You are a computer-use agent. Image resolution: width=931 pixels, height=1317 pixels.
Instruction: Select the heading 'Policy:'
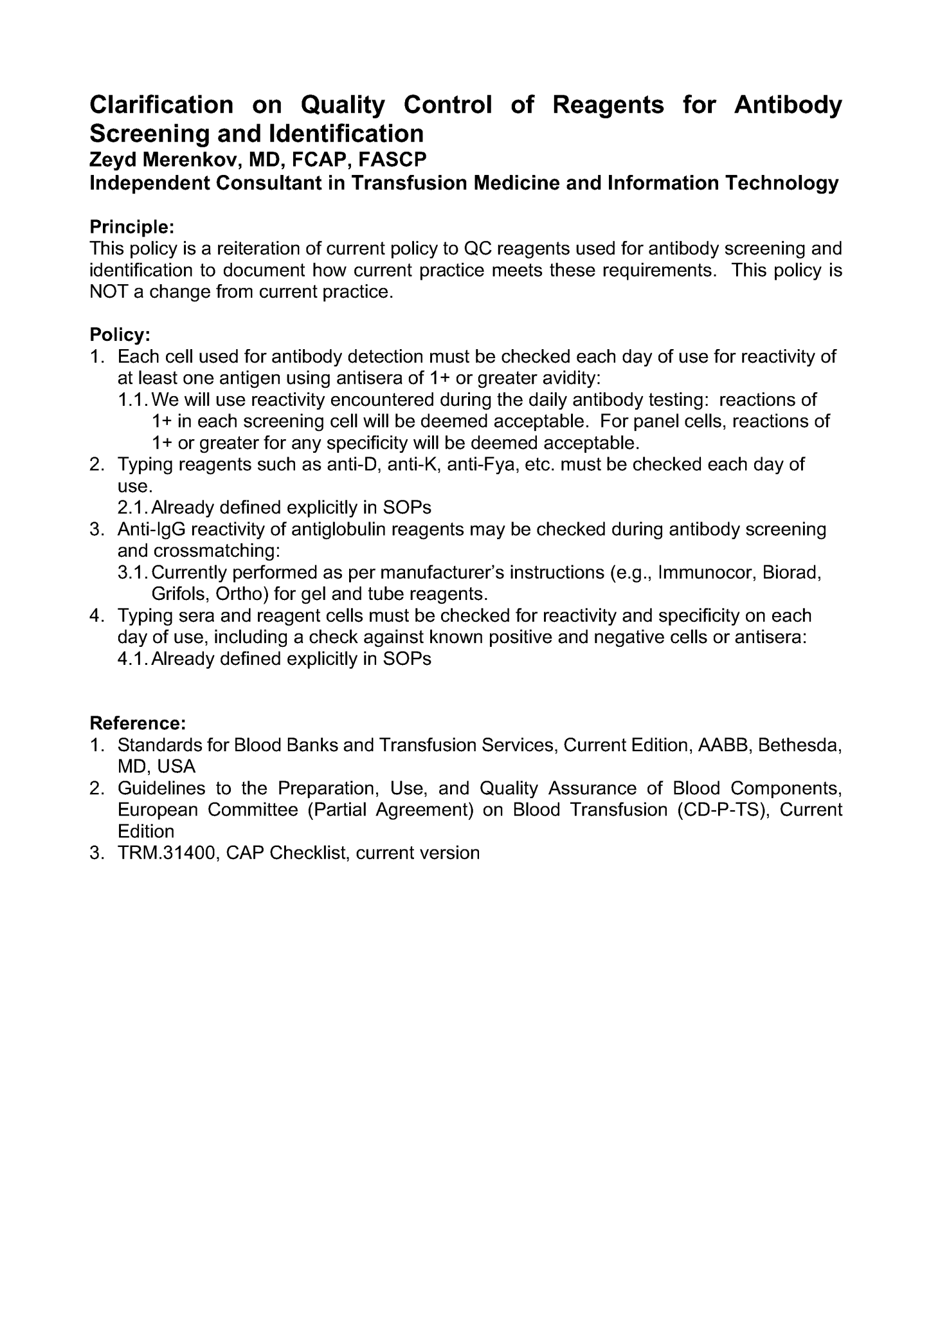tap(120, 335)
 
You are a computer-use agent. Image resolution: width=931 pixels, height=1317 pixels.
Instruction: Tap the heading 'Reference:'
tap(138, 723)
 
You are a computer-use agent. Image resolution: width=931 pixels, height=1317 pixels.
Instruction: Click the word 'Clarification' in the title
tap(161, 104)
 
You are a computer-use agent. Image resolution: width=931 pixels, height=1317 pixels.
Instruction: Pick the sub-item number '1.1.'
tap(133, 400)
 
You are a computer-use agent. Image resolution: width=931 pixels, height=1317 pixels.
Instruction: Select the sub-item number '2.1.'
tap(133, 508)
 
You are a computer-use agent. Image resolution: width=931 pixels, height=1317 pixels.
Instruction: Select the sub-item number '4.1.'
tap(133, 659)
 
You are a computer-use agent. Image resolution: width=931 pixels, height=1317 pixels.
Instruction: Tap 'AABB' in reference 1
tap(724, 745)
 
